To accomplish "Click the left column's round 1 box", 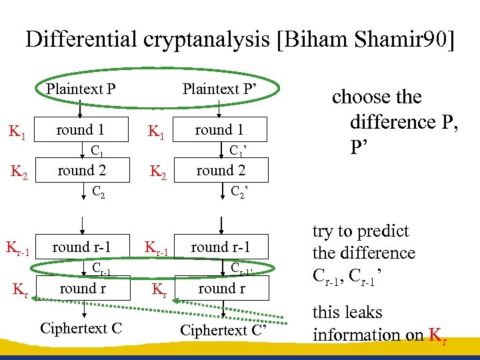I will pyautogui.click(x=80, y=130).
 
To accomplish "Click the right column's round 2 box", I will pyautogui.click(x=221, y=170).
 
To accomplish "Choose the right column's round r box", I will pyautogui.click(x=221, y=288).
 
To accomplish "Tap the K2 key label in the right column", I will pyautogui.click(x=158, y=172).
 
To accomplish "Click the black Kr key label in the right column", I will pyautogui.click(x=159, y=290).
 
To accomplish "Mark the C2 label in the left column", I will pyautogui.click(x=98, y=192).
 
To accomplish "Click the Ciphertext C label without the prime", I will pyautogui.click(x=80, y=328).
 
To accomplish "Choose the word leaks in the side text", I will pyautogui.click(x=366, y=312).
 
